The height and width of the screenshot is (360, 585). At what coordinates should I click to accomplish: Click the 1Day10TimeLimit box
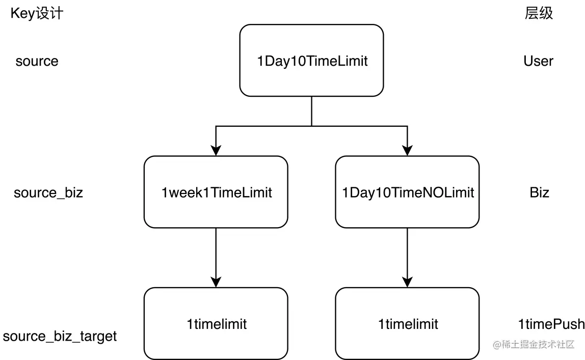pos(311,61)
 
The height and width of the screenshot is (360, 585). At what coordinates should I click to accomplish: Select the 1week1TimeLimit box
pos(216,192)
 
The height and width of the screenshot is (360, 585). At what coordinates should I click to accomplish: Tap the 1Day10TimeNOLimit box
pos(408,192)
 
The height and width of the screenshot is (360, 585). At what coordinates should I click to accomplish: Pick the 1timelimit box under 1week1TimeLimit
pos(216,323)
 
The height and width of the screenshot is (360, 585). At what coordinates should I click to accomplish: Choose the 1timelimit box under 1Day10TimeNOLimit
pos(408,323)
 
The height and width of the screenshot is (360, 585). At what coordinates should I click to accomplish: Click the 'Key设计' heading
pos(37,13)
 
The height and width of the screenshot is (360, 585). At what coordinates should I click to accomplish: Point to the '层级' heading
pos(539,13)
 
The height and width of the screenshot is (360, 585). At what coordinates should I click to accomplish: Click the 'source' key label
pos(37,61)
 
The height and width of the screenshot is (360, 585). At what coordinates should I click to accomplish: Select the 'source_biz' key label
pos(48,192)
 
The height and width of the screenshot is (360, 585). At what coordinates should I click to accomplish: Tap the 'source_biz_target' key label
pos(60,337)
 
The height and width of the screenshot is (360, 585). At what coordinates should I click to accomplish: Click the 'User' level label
pos(538,61)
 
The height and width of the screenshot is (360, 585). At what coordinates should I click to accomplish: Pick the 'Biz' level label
pos(540,192)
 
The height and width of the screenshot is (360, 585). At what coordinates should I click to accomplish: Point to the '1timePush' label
pos(551,324)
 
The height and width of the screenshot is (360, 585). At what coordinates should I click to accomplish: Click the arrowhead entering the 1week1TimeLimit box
pos(216,150)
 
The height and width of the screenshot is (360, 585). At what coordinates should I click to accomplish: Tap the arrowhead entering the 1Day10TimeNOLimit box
pos(408,150)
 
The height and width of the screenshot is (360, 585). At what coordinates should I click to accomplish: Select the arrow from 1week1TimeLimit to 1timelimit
pos(216,258)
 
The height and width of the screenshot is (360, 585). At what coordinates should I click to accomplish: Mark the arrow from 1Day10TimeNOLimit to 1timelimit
pos(408,258)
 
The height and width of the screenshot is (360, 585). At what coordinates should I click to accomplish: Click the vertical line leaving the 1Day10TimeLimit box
pos(311,112)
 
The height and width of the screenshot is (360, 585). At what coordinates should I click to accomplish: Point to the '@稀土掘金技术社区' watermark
pos(534,344)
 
